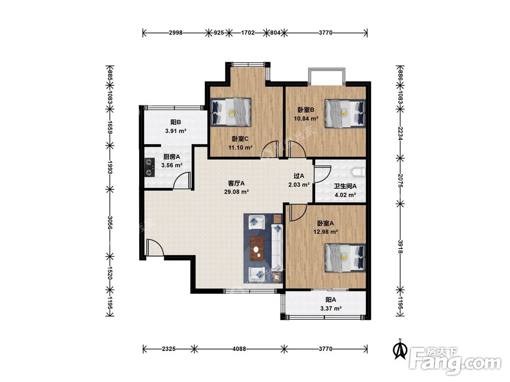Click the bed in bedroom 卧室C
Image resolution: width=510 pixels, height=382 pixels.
click(231, 112)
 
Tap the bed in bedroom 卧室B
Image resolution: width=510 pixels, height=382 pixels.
click(345, 114)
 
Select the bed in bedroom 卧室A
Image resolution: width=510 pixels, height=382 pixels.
click(345, 258)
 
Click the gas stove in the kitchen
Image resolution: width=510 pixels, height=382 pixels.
click(149, 167)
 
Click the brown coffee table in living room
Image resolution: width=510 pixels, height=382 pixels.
click(258, 249)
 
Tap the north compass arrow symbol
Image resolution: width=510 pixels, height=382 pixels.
click(400, 349)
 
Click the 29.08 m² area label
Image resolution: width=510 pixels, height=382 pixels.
click(237, 192)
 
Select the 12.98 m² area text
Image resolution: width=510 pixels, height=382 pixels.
click(325, 232)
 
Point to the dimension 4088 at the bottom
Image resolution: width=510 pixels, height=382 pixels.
click(239, 349)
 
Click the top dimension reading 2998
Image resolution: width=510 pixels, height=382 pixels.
click(175, 33)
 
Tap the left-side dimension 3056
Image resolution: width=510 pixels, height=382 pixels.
click(110, 223)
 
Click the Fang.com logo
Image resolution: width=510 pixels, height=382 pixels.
click(455, 361)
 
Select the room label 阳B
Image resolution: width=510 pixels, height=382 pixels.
click(175, 122)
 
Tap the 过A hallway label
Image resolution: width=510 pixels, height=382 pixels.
click(299, 176)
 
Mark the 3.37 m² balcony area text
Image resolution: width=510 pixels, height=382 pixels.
click(331, 309)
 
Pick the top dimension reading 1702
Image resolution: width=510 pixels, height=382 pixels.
click(248, 33)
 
